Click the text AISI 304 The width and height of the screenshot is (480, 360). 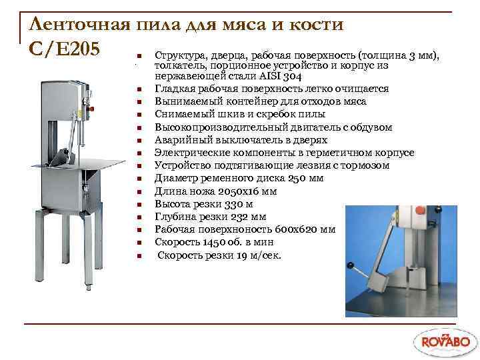coord(272,77)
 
